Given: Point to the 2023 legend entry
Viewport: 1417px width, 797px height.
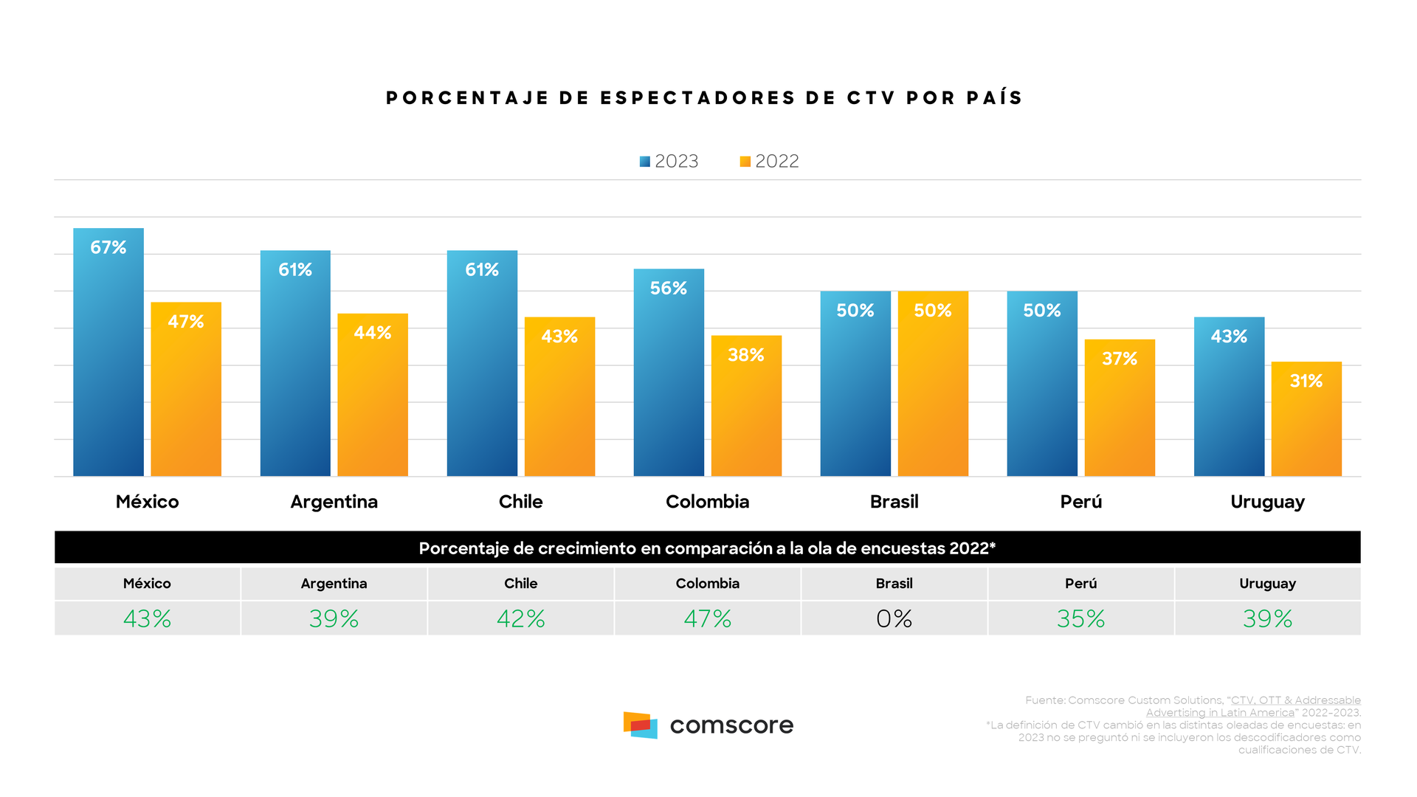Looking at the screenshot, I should tap(669, 162).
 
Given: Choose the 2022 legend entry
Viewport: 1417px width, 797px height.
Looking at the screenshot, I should tap(769, 162).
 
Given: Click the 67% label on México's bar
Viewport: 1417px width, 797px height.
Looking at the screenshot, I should tap(108, 248).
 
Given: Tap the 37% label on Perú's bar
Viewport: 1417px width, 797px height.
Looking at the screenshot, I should tap(1120, 359).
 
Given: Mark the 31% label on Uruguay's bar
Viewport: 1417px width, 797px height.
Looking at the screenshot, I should tap(1306, 382).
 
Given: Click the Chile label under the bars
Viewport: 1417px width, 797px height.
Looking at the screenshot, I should tap(520, 502).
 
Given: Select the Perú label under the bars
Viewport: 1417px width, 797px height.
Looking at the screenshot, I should tap(1080, 502).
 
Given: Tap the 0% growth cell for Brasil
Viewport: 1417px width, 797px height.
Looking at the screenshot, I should tap(894, 618).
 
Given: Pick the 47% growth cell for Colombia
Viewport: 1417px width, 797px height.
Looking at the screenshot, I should tap(707, 618).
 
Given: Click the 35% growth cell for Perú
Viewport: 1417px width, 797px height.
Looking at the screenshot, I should tap(1080, 618).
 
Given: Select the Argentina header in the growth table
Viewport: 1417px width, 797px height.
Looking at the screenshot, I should tap(334, 584).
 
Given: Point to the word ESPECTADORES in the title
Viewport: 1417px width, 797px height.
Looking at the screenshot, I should tap(698, 98).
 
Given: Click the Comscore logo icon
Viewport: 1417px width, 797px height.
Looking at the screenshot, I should tap(640, 725).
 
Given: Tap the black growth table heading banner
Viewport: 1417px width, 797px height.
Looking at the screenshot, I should tap(707, 548).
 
